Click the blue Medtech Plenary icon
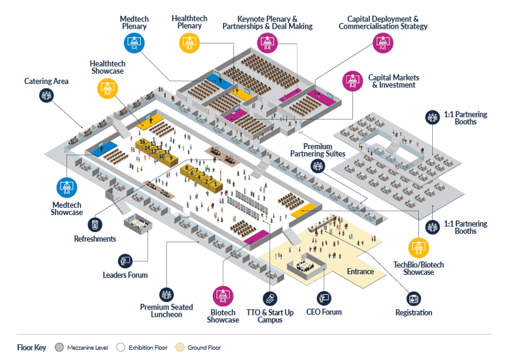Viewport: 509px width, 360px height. click(134, 42)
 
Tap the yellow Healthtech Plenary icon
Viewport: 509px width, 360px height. click(189, 42)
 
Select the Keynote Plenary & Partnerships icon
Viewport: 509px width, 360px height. click(266, 42)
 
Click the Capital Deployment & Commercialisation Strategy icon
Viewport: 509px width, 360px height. click(382, 42)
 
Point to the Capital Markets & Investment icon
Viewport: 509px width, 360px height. click(352, 80)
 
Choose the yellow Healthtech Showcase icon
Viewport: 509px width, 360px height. click(107, 88)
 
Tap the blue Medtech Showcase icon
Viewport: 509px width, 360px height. click(66, 187)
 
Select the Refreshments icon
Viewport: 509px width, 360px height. click(94, 224)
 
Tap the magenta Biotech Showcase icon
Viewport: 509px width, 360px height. click(222, 296)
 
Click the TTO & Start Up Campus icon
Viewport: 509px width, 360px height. click(269, 298)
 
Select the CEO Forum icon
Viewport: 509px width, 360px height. click(324, 298)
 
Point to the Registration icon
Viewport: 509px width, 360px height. click(415, 298)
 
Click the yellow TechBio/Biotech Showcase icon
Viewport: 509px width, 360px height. click(418, 248)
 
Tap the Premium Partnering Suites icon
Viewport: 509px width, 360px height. click(317, 166)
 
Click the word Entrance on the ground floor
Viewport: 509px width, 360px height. click(360, 271)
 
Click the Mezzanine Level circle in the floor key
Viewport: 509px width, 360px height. click(59, 348)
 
